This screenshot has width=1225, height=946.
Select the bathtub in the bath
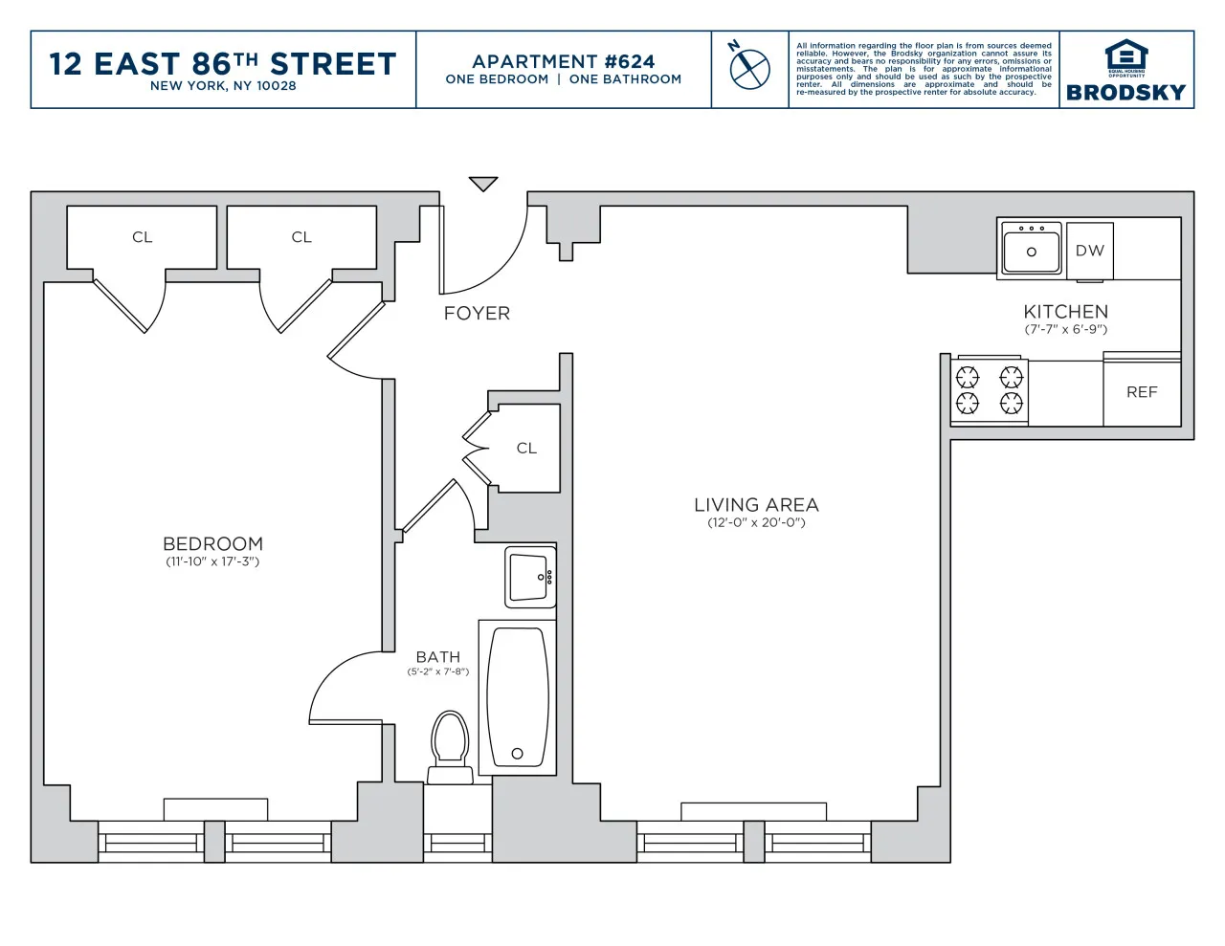tap(518, 697)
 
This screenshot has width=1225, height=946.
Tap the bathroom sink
tap(530, 577)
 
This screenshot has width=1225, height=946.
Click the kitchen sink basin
tap(1031, 251)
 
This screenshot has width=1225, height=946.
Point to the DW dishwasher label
tap(1089, 251)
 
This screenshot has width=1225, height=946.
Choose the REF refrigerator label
tap(1142, 392)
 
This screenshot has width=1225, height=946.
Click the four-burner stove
tap(990, 389)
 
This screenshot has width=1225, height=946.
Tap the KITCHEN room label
tap(1065, 312)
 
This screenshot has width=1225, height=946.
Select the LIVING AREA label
tap(756, 505)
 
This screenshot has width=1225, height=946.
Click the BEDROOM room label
tap(212, 543)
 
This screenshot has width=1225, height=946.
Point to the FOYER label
tap(477, 314)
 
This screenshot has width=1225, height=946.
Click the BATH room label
tap(437, 657)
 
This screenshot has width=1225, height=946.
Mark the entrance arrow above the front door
tap(483, 184)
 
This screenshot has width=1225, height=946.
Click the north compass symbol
tap(749, 67)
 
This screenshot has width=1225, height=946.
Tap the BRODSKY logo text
tap(1125, 93)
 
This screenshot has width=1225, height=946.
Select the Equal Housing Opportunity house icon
tap(1126, 55)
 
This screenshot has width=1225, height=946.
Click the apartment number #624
tap(630, 61)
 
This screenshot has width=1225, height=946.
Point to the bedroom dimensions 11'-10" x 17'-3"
tap(212, 562)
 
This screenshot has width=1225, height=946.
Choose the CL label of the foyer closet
tap(526, 448)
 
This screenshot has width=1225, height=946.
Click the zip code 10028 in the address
tap(276, 86)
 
